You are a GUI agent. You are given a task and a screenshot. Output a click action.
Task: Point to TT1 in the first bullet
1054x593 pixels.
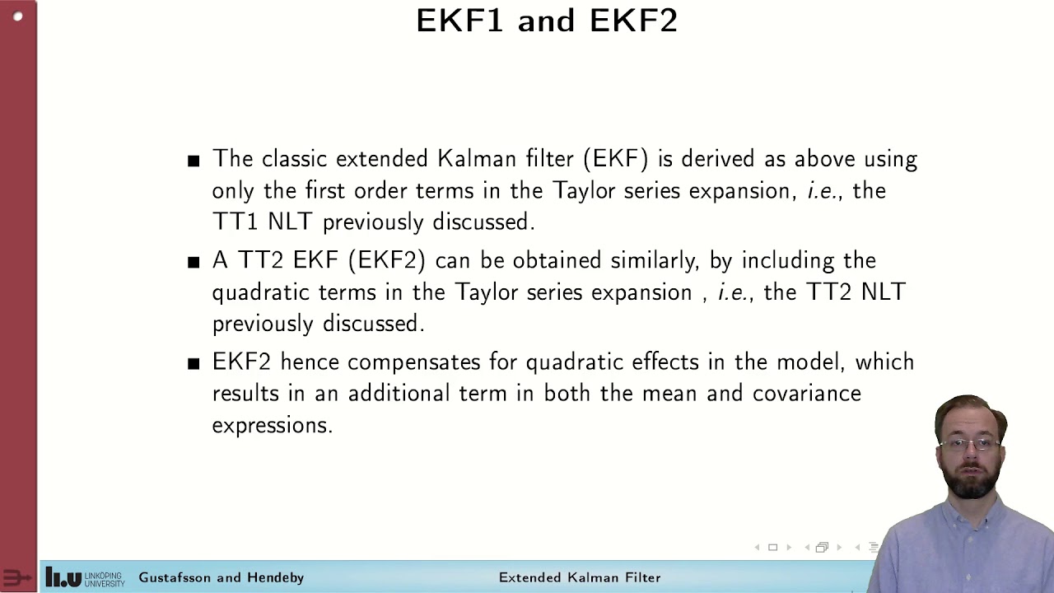pyautogui.click(x=236, y=222)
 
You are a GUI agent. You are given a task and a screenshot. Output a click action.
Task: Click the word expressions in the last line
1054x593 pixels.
pyautogui.click(x=272, y=425)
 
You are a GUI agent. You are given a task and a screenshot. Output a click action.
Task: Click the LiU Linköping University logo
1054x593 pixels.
pyautogui.click(x=85, y=577)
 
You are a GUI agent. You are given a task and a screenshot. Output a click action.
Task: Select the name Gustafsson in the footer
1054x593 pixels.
pyautogui.click(x=179, y=577)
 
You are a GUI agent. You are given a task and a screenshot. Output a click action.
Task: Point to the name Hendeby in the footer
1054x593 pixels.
pyautogui.click(x=275, y=577)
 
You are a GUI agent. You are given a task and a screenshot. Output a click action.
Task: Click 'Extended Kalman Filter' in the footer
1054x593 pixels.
pyautogui.click(x=580, y=577)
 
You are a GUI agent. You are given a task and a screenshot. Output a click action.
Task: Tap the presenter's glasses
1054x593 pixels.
pyautogui.click(x=969, y=445)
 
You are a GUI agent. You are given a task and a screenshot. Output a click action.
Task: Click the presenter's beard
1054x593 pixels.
pyautogui.click(x=972, y=482)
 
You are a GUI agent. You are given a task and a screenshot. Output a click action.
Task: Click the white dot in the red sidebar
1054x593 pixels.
pyautogui.click(x=18, y=16)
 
